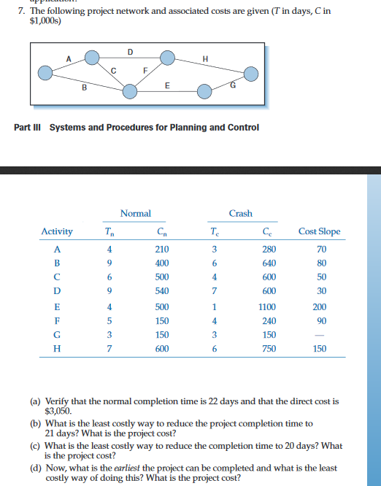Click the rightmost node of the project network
click(x=252, y=73)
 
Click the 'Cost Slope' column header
click(x=319, y=231)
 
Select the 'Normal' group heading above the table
click(x=135, y=213)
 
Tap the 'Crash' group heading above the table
click(x=241, y=213)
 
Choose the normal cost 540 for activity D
click(x=162, y=293)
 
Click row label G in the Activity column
click(x=56, y=335)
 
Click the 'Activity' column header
click(x=57, y=231)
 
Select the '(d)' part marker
click(x=35, y=468)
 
